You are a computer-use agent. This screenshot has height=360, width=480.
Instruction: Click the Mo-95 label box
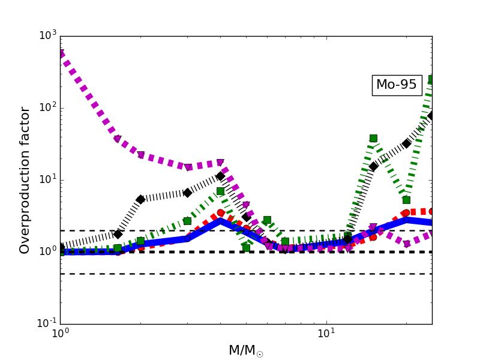pyautogui.click(x=397, y=85)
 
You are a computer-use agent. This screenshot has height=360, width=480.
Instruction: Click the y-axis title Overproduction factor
pyautogui.click(x=25, y=180)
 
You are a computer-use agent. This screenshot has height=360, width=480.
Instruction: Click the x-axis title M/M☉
pyautogui.click(x=246, y=350)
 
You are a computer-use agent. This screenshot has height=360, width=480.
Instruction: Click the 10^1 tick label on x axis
pyautogui.click(x=326, y=334)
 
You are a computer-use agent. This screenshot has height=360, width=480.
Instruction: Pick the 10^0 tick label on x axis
pyautogui.click(x=60, y=334)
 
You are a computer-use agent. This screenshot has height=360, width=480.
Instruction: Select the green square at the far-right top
pyautogui.click(x=431, y=79)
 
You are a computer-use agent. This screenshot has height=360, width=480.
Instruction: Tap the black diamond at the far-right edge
pyautogui.click(x=431, y=115)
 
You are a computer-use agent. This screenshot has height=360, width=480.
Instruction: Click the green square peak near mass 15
pyautogui.click(x=373, y=138)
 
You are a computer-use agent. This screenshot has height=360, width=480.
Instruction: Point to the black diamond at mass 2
pyautogui.click(x=140, y=199)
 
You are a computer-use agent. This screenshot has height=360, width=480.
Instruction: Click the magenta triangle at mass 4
pyautogui.click(x=220, y=163)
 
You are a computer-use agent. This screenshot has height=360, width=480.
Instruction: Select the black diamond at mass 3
pyautogui.click(x=187, y=193)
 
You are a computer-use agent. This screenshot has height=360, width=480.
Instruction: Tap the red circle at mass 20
pyautogui.click(x=406, y=213)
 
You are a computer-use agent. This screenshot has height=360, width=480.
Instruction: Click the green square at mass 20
pyautogui.click(x=406, y=200)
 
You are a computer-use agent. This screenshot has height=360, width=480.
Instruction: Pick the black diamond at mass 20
pyautogui.click(x=406, y=143)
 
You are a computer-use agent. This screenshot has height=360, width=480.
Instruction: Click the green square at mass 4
pyautogui.click(x=220, y=191)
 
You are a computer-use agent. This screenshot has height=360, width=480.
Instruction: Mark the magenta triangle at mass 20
pyautogui.click(x=406, y=244)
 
